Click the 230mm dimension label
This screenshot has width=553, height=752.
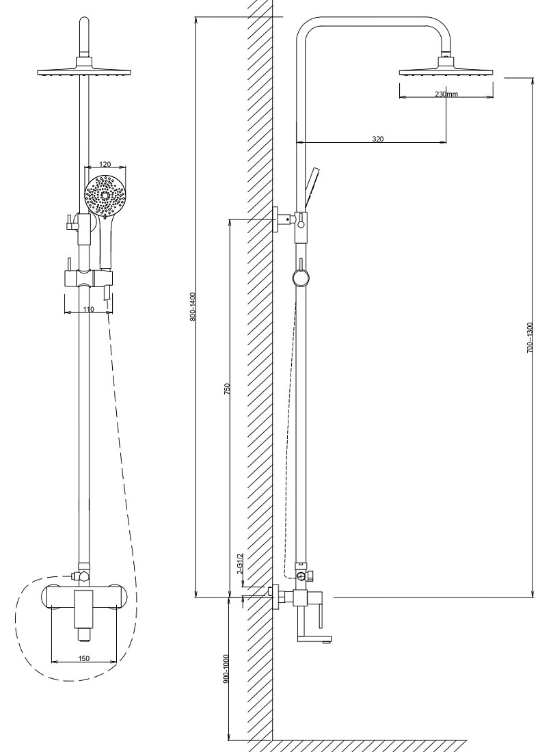pos(446,94)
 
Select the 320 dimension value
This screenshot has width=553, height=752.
pos(378,139)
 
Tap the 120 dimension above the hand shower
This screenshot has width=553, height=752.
pos(105,164)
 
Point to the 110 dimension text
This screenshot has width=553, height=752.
pos(88,309)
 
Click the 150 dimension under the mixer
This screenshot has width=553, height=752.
pos(83,658)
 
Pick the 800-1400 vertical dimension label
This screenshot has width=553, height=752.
pos(193,306)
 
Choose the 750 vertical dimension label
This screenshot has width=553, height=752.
pos(228,388)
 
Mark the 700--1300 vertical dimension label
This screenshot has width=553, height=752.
pos(530,338)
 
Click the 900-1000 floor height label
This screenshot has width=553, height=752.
pos(226,668)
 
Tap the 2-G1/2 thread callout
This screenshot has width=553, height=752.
pos(241,564)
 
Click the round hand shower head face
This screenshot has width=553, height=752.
pos(105,196)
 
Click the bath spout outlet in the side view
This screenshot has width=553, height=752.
pos(314,639)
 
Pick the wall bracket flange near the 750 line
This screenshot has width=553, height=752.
pos(275,220)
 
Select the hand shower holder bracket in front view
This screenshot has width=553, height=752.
pos(88,279)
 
